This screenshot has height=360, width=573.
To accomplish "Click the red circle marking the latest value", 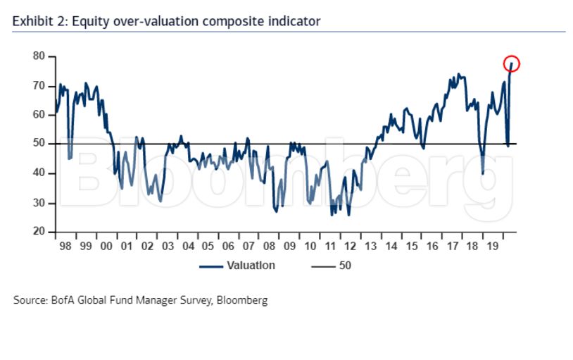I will [x=511, y=64].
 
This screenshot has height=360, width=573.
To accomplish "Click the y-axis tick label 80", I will [x=39, y=56].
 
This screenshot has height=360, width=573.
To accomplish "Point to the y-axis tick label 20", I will [x=39, y=232].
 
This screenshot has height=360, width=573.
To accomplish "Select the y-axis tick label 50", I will [x=39, y=144].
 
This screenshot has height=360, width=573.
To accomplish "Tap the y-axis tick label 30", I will [x=39, y=203].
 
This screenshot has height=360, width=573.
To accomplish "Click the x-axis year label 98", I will [x=65, y=247].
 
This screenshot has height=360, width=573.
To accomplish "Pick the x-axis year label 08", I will [x=269, y=247].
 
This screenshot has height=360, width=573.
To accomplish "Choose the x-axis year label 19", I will [x=493, y=247].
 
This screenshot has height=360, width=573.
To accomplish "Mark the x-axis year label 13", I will [x=371, y=247].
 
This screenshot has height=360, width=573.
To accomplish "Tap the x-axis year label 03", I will [x=168, y=247].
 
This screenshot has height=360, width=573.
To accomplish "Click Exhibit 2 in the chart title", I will [x=39, y=21].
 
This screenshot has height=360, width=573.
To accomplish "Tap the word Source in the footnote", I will [x=30, y=300].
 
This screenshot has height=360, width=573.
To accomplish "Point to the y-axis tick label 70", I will [x=39, y=85].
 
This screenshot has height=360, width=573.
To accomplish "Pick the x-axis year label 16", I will [x=432, y=247].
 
